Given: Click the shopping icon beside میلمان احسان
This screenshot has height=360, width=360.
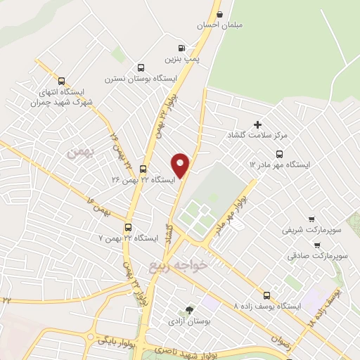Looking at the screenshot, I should click(x=220, y=14).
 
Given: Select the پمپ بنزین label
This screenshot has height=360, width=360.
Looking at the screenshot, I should click(x=179, y=60).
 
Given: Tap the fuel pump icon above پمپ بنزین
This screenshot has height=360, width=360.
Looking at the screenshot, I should click(x=182, y=49).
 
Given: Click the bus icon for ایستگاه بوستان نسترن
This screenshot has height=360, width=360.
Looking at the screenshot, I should click(x=141, y=68).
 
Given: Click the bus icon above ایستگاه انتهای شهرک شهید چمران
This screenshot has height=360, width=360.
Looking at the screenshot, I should click(x=62, y=81).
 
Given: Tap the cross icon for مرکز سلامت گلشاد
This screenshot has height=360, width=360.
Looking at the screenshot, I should click(x=257, y=124).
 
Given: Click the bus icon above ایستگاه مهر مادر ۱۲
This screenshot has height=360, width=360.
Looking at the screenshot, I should click(x=280, y=154).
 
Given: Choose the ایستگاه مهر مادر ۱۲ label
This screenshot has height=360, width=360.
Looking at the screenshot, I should click(x=280, y=165).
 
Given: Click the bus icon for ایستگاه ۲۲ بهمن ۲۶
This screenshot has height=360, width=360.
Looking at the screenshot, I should click(x=143, y=169).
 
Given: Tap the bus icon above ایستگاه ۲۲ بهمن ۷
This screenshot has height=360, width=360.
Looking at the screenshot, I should click(x=128, y=227).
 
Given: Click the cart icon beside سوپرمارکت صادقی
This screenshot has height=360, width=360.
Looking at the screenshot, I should click(x=317, y=245).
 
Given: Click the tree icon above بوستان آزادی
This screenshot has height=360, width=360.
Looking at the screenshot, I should click(x=188, y=310).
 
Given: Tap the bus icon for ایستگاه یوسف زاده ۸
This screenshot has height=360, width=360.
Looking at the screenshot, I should click(x=266, y=296).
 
